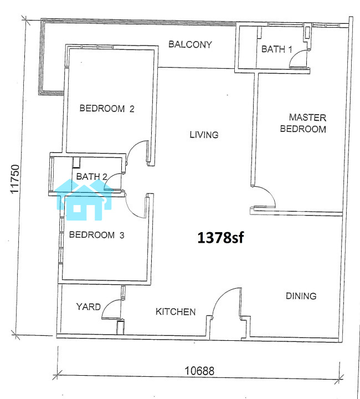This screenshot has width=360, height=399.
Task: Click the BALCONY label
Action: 190,44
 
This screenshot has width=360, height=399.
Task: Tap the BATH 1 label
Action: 276,49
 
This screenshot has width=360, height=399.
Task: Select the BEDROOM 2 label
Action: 107,109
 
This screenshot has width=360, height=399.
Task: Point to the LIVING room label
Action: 204,135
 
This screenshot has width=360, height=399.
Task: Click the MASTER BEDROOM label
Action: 303,123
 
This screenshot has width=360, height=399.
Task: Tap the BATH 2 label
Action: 91,176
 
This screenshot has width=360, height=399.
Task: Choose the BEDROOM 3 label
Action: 96,234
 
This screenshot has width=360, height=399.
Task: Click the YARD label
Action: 88,306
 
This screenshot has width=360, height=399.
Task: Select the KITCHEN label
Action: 176,311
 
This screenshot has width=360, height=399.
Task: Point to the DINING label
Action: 301,296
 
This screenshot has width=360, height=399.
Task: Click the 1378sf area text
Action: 220,238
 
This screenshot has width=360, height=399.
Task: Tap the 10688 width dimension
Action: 199,371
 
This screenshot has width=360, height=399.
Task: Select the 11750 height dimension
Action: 15,179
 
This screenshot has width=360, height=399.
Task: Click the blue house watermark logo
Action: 84,199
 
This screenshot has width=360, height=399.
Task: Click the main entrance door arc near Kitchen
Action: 220,295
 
